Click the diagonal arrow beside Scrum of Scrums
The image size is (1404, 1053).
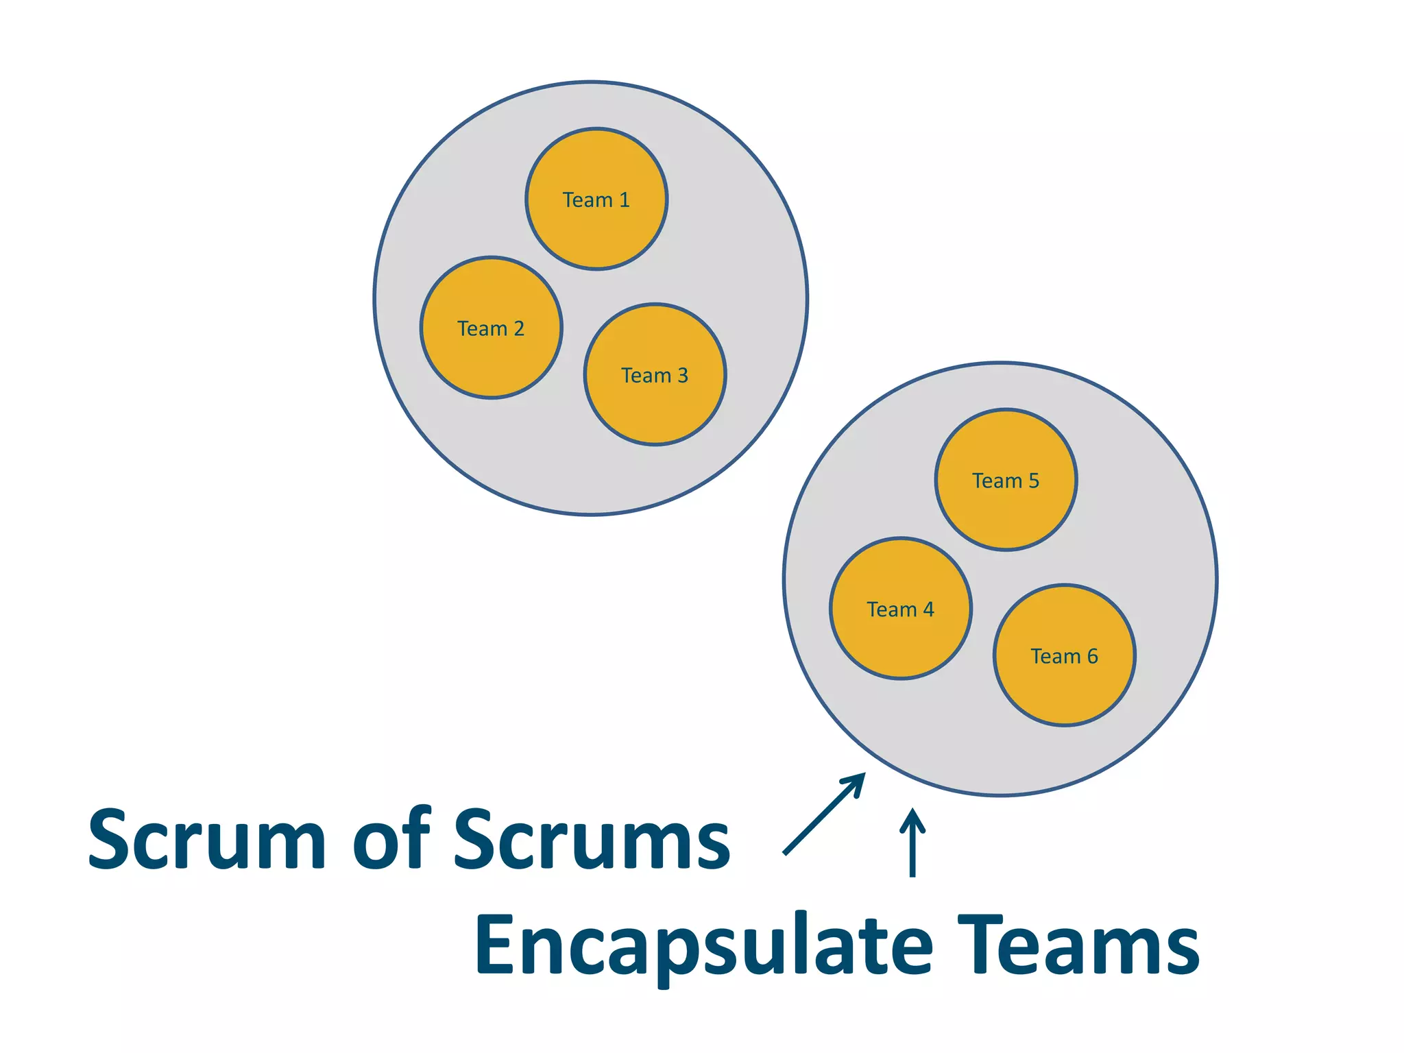(823, 815)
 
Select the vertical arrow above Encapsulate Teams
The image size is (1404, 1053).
(912, 843)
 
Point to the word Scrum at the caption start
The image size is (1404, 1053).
(206, 839)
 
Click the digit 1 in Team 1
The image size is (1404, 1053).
(624, 200)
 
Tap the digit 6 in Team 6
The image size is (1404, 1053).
(1092, 657)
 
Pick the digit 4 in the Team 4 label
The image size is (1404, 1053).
(928, 609)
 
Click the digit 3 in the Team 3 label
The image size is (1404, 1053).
(682, 376)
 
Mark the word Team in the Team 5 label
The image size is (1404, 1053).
(997, 481)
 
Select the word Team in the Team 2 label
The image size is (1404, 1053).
(482, 329)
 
